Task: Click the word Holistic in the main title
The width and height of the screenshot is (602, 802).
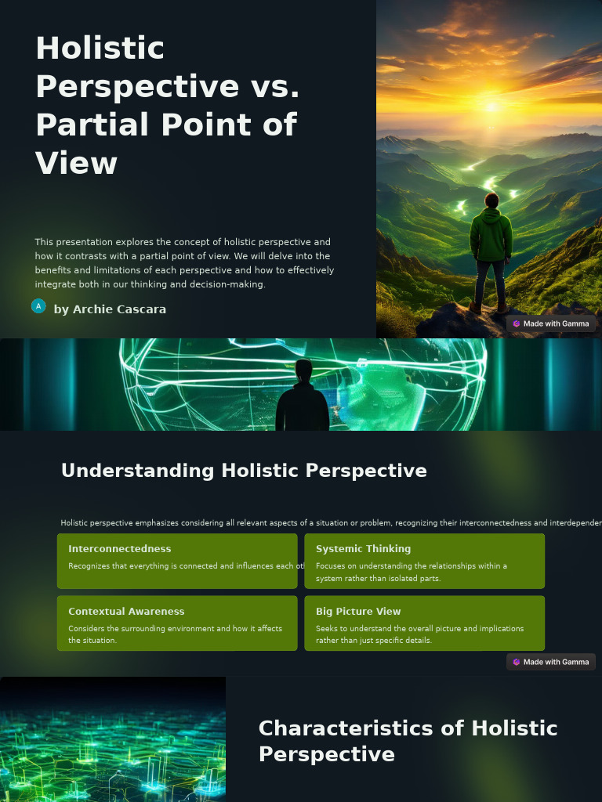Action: tap(100, 49)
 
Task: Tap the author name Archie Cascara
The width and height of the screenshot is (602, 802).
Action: tap(110, 309)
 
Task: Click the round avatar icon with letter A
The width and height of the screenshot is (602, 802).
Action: tap(38, 306)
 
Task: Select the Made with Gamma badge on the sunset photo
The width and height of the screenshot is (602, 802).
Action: tap(551, 323)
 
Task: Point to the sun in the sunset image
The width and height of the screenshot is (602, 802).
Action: tap(491, 106)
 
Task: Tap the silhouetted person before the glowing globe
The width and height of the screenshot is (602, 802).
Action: tap(303, 398)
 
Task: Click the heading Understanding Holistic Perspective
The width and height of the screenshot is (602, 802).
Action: tap(244, 471)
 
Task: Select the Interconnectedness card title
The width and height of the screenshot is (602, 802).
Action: tap(119, 549)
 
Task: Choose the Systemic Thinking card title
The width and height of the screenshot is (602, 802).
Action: tap(363, 549)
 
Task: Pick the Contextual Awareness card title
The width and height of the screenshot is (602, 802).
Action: tap(126, 612)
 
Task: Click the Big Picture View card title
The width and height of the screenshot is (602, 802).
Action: tap(358, 612)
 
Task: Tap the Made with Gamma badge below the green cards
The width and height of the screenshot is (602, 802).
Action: tap(551, 662)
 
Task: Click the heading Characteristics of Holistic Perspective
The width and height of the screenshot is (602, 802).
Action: tap(408, 741)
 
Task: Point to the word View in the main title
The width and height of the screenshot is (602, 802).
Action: tap(76, 164)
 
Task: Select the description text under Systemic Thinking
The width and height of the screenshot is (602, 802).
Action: tap(412, 572)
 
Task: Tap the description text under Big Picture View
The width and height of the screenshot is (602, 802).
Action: tap(419, 634)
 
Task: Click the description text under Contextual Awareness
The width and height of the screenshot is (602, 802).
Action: tap(175, 634)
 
